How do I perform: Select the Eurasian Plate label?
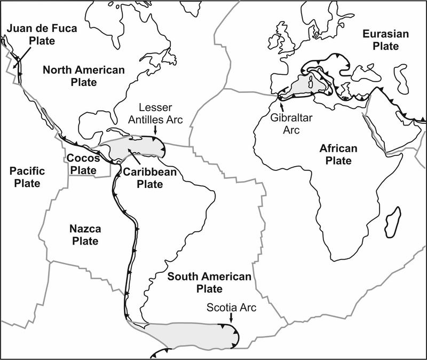(385, 40)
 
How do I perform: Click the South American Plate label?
(209, 283)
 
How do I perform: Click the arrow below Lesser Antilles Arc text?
(155, 130)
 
